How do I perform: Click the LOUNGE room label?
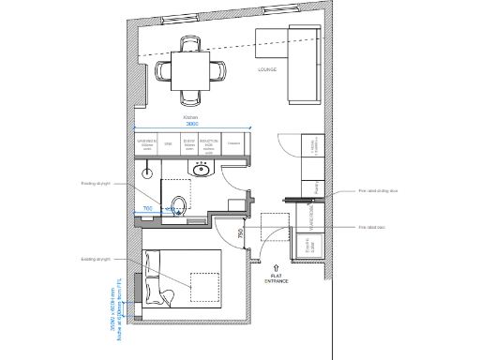click(267, 69)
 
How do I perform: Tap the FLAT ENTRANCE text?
click(277, 278)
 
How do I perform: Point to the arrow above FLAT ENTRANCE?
click(277, 267)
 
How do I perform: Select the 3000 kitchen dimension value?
click(191, 124)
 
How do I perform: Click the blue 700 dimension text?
click(147, 208)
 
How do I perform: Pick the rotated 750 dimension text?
click(241, 234)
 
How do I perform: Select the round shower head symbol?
click(147, 172)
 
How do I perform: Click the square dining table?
click(190, 69)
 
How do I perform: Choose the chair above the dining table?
click(190, 43)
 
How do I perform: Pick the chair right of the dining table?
click(217, 69)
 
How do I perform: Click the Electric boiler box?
click(309, 245)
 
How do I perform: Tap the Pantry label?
click(318, 187)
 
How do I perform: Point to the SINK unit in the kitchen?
click(169, 144)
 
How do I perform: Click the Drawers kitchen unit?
click(234, 144)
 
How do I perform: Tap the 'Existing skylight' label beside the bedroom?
click(96, 260)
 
